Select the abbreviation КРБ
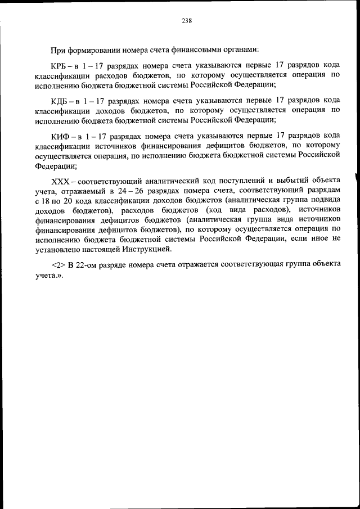coord(60,67)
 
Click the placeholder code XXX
coord(60,180)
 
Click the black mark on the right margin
coord(356,183)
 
